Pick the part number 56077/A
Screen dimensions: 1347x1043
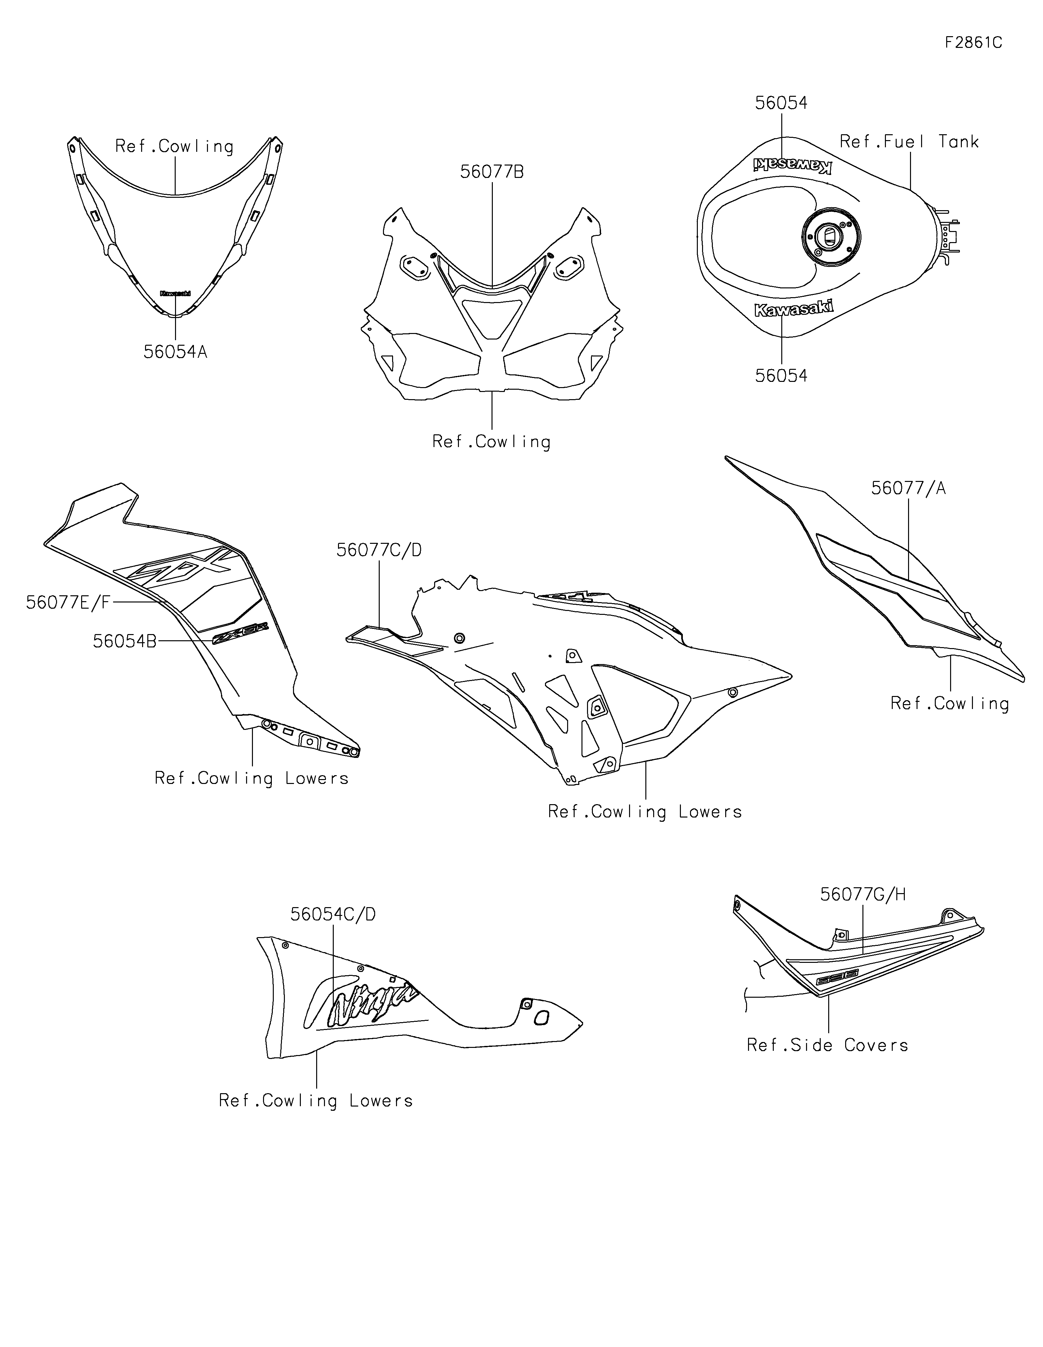coord(908,488)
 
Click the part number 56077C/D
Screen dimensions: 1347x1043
coord(379,550)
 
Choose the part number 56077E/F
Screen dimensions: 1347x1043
coord(68,602)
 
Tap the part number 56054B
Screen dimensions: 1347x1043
coord(125,642)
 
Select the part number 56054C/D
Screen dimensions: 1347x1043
coord(333,914)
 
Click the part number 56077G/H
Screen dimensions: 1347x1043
coord(862,894)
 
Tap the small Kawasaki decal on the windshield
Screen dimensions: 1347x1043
coord(175,294)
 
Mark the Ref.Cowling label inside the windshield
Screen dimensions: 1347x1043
coord(175,147)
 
